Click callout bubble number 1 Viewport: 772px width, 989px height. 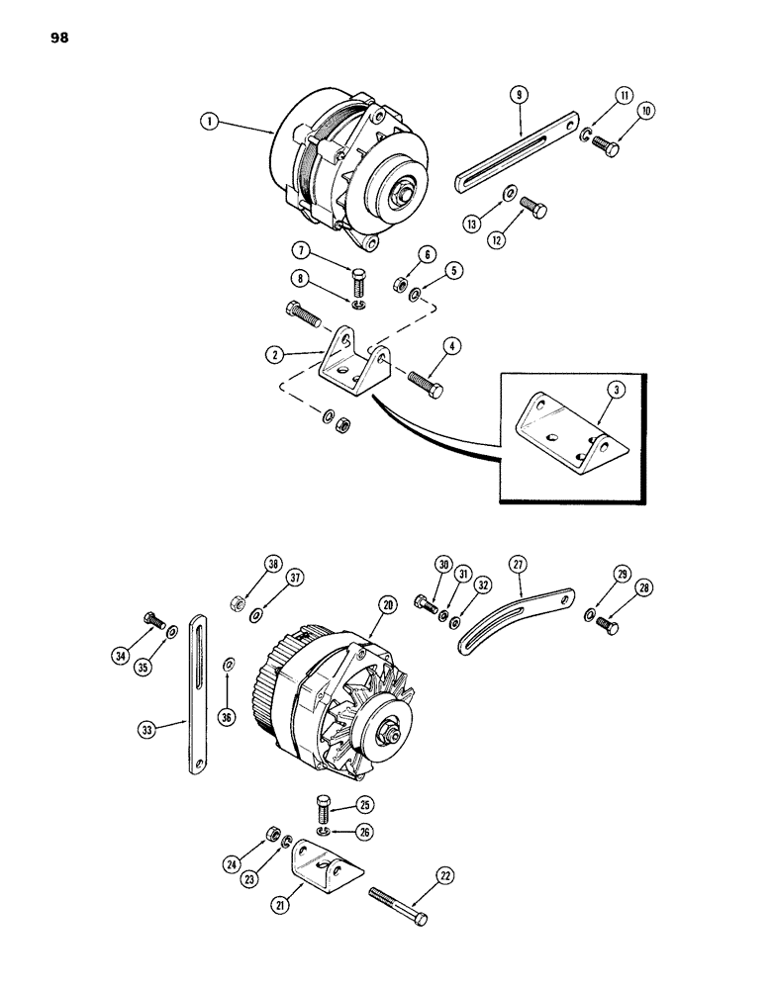(208, 122)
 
